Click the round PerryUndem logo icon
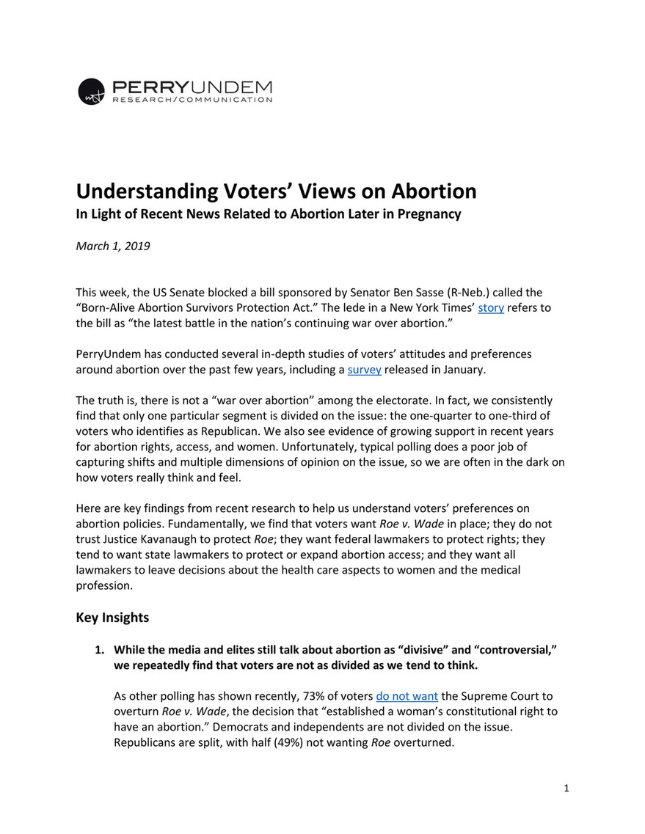[92, 92]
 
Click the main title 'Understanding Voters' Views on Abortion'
[276, 191]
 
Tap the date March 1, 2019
[113, 246]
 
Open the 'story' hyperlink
[490, 307]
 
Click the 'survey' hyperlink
[364, 370]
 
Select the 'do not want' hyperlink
[407, 695]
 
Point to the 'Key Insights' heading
[112, 618]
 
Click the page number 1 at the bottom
[566, 789]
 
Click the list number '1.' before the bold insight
[101, 650]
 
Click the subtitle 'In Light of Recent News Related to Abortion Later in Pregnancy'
[269, 214]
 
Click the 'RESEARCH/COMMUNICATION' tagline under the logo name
[192, 100]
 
